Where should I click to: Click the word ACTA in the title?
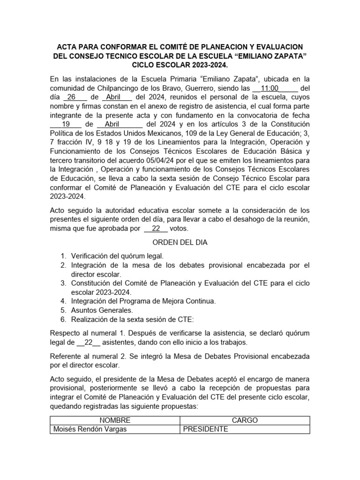(67, 47)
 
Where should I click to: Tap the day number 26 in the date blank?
(71, 97)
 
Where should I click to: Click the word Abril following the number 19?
(112, 124)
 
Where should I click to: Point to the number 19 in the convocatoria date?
(66, 124)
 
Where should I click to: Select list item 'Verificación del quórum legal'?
(117, 256)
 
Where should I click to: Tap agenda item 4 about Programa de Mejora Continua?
(143, 301)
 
